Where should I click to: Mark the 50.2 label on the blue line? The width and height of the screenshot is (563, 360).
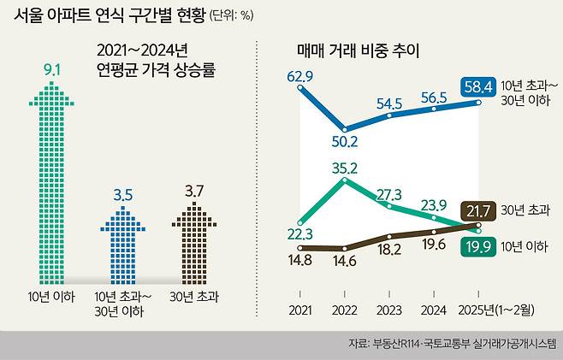pos(346,141)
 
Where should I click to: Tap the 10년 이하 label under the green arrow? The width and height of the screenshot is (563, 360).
pos(50,296)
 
